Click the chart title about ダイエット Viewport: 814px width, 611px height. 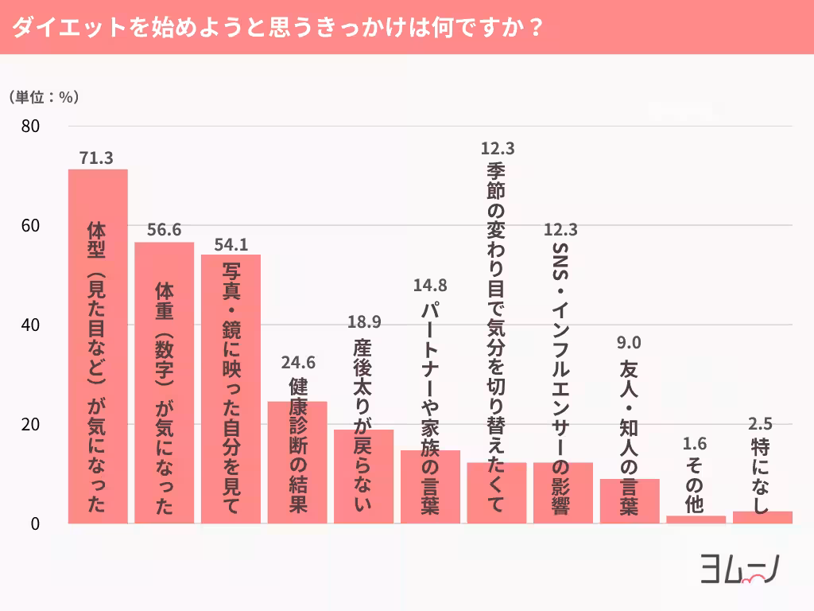[278, 27]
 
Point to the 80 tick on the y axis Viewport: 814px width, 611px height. [32, 126]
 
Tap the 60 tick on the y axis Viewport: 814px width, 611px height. [32, 226]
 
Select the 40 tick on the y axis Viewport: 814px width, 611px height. [32, 325]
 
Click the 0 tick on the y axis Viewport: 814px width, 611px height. [36, 523]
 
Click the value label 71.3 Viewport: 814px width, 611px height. [97, 158]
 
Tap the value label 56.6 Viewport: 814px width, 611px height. [164, 231]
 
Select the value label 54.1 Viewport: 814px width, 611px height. [231, 243]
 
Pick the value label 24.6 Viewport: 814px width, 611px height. [297, 363]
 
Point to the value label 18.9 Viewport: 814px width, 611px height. [364, 322]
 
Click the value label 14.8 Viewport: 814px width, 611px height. [430, 286]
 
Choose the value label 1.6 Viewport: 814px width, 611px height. [695, 444]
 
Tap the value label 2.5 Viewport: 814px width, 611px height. [762, 423]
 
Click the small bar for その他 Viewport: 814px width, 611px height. [696, 520]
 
